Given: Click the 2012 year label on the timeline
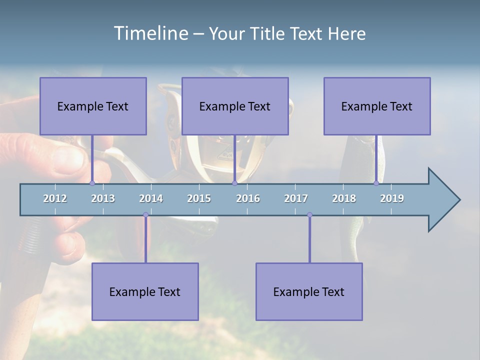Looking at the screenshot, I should tap(55, 198).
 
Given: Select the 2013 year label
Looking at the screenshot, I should tap(103, 198).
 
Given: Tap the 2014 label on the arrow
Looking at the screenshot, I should tap(151, 198).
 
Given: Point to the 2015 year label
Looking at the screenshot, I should tap(199, 198).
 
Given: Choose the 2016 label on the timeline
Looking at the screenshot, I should tap(248, 198).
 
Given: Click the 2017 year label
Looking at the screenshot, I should tap(296, 198).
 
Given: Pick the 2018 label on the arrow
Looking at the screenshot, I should tap(344, 198).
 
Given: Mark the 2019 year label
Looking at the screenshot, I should tap(392, 198).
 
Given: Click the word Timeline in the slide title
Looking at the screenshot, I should tap(150, 33).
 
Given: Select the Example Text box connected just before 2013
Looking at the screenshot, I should tap(93, 106).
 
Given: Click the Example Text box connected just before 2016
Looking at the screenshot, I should tap(235, 106).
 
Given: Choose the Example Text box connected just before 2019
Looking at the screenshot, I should tap(377, 106).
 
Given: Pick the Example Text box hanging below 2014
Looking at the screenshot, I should tap(145, 291).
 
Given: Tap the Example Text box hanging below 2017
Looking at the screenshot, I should tap(309, 291).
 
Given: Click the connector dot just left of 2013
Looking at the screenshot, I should tap(92, 183).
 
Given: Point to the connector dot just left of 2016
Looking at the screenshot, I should tap(234, 183).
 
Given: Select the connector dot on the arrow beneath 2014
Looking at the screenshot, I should tap(145, 215).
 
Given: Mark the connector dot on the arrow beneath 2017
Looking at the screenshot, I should tap(309, 215).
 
